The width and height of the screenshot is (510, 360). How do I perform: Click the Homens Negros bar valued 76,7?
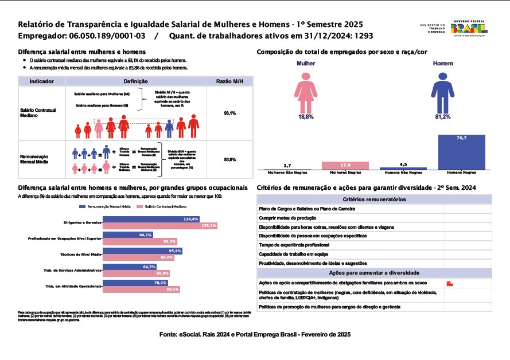coord(461,152)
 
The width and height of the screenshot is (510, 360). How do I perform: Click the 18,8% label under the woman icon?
coord(306,117)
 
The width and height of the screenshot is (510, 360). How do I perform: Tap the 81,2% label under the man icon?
coord(442,117)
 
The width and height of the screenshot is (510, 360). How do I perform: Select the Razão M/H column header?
coord(229,82)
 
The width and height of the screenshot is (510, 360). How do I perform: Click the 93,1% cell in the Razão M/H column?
coord(229,113)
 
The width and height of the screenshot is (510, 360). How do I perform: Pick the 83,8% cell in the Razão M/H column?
coord(229,159)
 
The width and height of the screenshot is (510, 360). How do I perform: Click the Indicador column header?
coord(41,82)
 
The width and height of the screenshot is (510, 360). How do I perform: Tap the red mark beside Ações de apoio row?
coord(450,284)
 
